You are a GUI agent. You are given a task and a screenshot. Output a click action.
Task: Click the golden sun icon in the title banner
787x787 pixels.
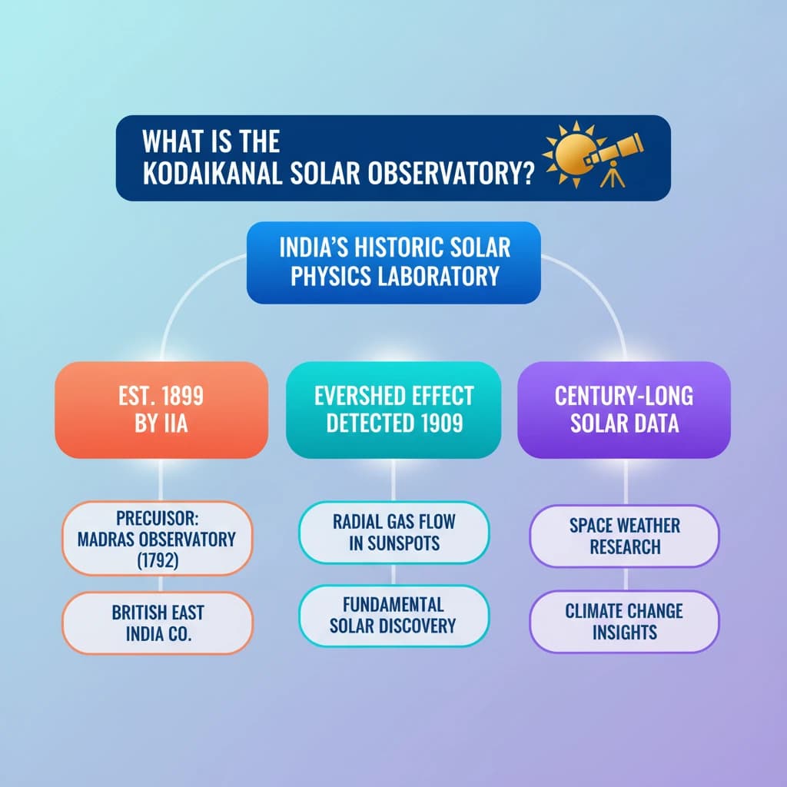[x=575, y=154]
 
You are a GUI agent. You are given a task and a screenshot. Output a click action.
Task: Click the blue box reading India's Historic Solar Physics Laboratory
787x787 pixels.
[x=393, y=263]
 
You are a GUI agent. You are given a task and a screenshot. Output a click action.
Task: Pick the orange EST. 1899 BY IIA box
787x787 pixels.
[x=161, y=410]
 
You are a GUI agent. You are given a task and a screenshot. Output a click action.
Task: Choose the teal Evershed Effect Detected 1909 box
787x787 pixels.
[x=393, y=410]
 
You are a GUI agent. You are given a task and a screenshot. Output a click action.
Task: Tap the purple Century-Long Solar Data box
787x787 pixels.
[x=624, y=410]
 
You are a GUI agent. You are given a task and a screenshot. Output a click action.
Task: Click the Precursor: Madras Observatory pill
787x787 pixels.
[x=157, y=539]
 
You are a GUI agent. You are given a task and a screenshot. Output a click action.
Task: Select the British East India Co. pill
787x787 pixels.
[x=158, y=623]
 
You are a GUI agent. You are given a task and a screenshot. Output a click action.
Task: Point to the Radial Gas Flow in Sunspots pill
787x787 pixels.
[x=394, y=533]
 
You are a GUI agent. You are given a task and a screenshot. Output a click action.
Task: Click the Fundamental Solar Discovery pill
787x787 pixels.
[x=393, y=616]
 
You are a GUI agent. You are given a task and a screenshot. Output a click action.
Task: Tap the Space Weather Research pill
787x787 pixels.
[x=624, y=536]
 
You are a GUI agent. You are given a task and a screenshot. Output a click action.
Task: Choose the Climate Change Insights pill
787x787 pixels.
[x=624, y=621]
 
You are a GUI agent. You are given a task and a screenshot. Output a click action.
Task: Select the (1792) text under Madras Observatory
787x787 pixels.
[x=158, y=560]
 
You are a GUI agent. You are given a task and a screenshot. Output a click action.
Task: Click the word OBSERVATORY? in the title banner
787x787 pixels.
[x=450, y=174]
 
